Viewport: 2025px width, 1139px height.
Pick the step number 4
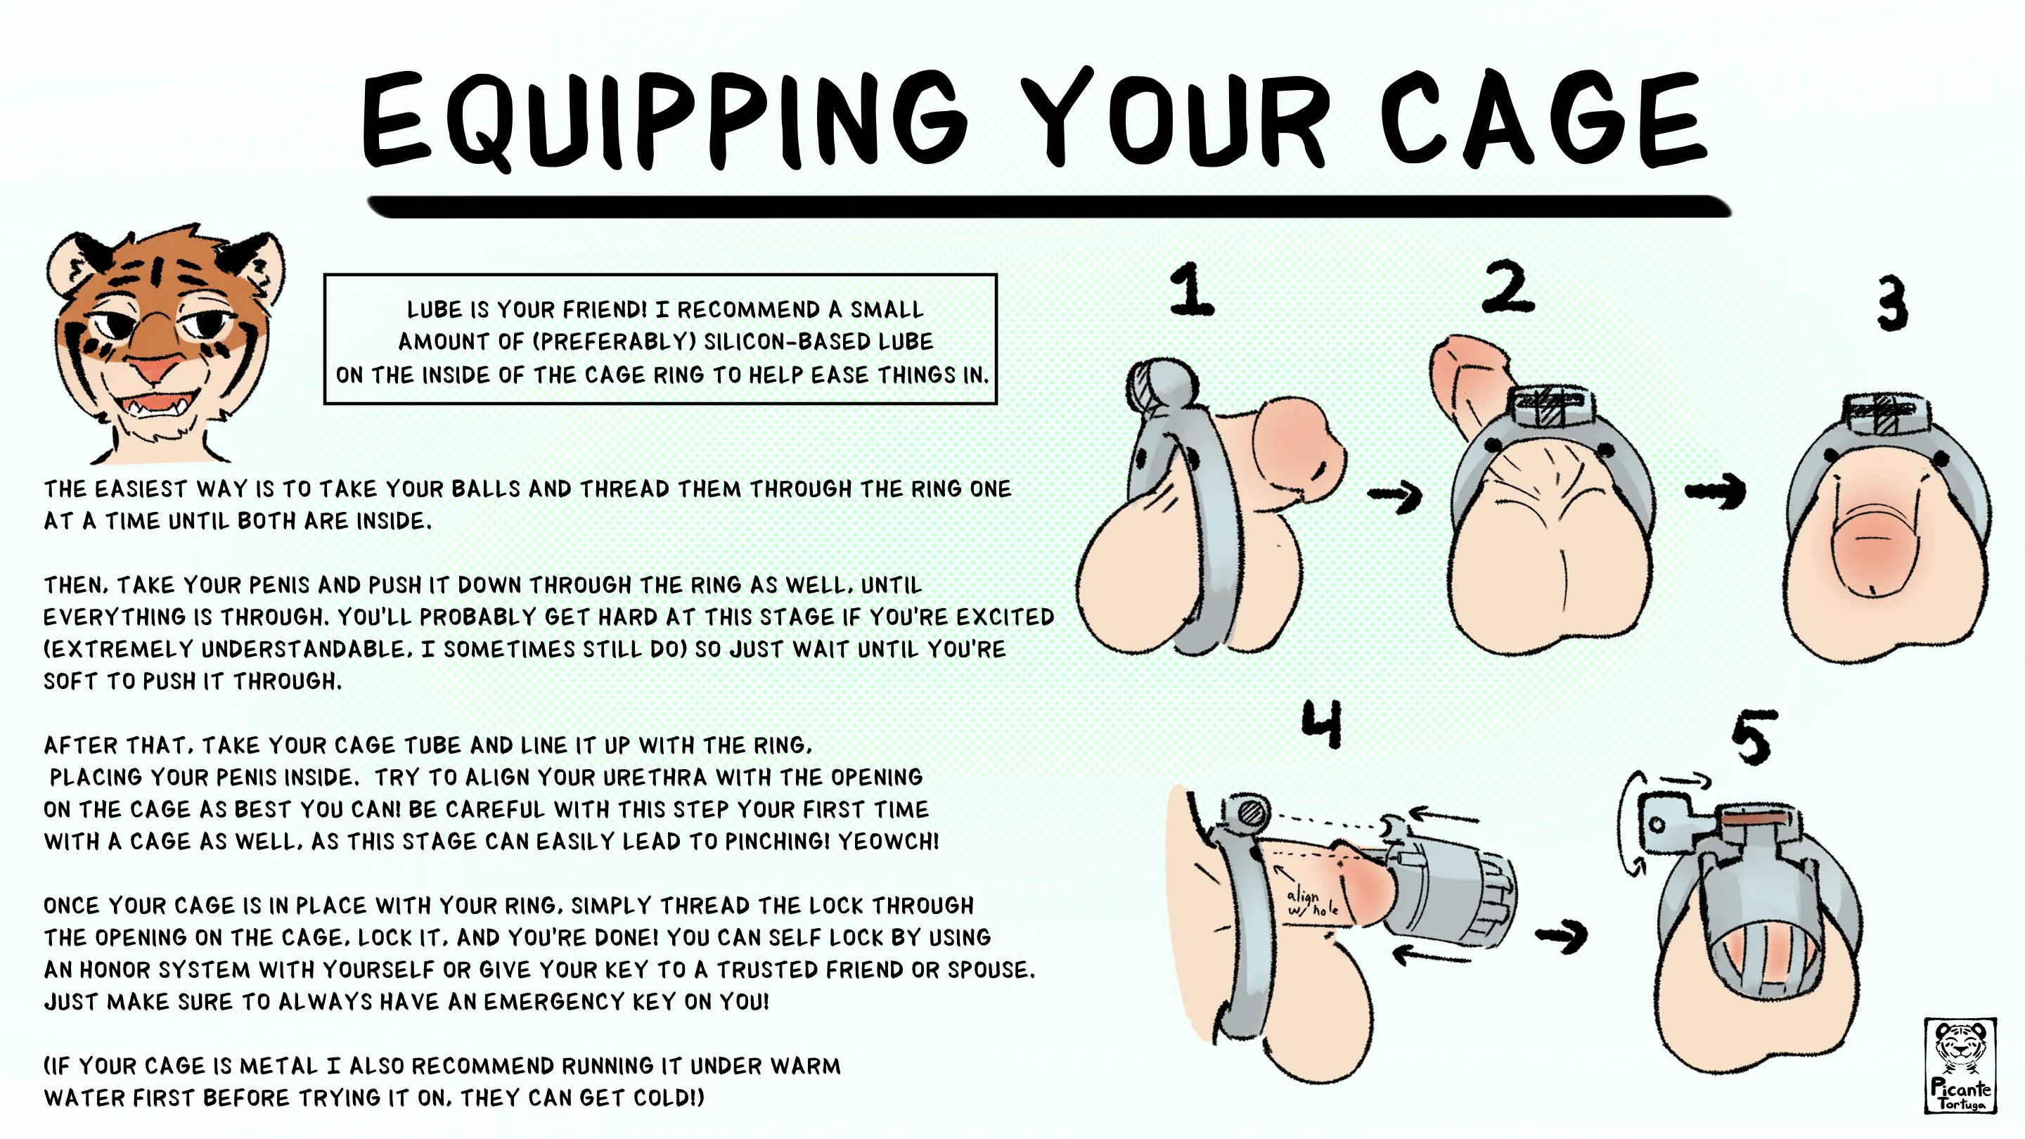(x=1322, y=723)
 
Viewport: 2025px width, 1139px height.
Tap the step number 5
(x=1754, y=737)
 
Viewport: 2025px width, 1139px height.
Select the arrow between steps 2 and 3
(x=1716, y=491)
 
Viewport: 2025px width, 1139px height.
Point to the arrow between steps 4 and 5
(x=1561, y=935)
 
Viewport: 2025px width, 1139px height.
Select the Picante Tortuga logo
(x=1960, y=1066)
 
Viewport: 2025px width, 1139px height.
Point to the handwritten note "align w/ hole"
(x=1311, y=902)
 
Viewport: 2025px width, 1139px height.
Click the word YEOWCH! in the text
(x=888, y=842)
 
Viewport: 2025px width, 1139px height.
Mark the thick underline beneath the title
(x=1050, y=206)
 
